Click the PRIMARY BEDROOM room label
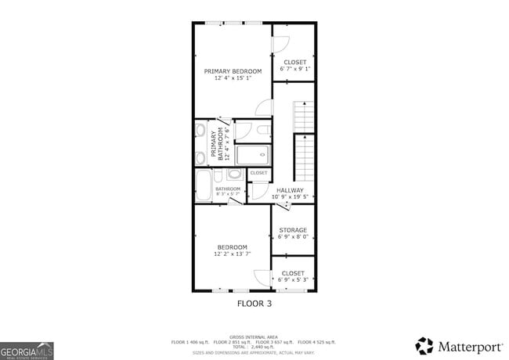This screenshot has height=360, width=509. tap(233, 71)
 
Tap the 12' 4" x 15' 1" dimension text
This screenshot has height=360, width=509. tap(233, 78)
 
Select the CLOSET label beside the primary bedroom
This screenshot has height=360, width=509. tap(295, 62)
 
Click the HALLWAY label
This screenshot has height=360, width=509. tap(290, 190)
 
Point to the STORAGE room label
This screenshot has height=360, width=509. tap(294, 230)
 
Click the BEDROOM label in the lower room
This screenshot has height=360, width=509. tap(233, 247)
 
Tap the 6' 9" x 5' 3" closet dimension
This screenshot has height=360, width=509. tap(294, 279)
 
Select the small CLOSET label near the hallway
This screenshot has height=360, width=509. tap(258, 173)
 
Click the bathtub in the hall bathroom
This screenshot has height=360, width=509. tap(203, 186)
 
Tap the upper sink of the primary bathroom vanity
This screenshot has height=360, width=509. tap(200, 131)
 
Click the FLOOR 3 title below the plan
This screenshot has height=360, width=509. tap(254, 301)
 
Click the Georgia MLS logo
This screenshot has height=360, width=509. tap(27, 350)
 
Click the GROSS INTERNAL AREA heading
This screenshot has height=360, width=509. tap(254, 337)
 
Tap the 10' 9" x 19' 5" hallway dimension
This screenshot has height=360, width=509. tap(290, 197)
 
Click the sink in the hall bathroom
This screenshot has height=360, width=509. tap(234, 175)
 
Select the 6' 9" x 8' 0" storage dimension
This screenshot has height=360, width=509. tap(294, 237)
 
